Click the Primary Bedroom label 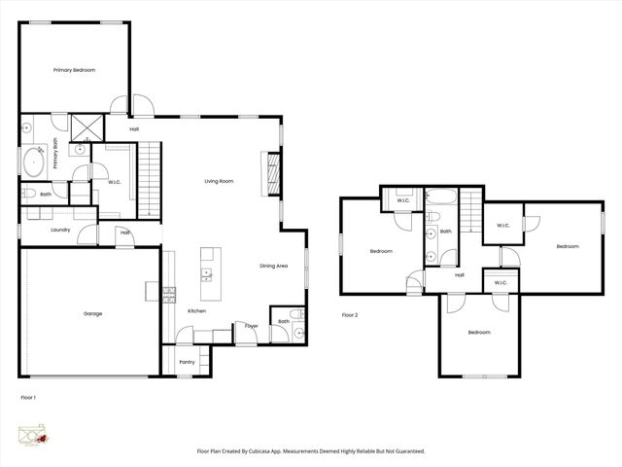click(74, 70)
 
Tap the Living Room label click(219, 181)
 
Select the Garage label click(92, 313)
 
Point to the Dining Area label click(273, 266)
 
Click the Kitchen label click(197, 310)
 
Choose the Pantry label click(188, 362)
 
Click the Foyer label click(252, 325)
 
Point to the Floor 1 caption click(28, 398)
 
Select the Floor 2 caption click(350, 315)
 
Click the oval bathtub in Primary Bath click(33, 161)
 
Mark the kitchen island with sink click(209, 269)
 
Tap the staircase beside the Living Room click(148, 180)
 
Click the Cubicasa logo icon click(31, 436)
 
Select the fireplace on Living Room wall click(273, 174)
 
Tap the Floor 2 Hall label click(459, 274)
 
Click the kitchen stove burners click(168, 294)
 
